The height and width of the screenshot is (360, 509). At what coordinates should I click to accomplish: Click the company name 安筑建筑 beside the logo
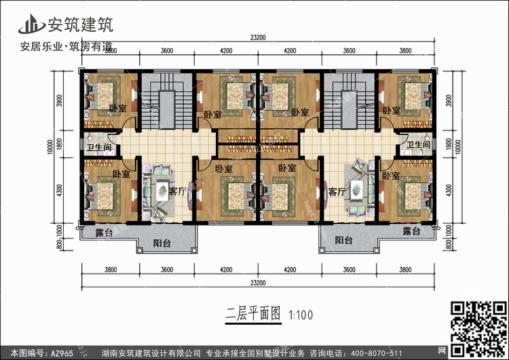79,24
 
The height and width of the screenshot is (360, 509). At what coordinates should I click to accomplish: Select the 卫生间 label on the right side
418,145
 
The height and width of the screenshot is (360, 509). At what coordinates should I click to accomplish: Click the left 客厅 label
177,192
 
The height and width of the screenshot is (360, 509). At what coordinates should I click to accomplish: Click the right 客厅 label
337,192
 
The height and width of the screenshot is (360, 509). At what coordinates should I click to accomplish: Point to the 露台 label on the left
105,232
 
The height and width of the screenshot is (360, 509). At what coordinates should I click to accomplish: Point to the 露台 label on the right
411,232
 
